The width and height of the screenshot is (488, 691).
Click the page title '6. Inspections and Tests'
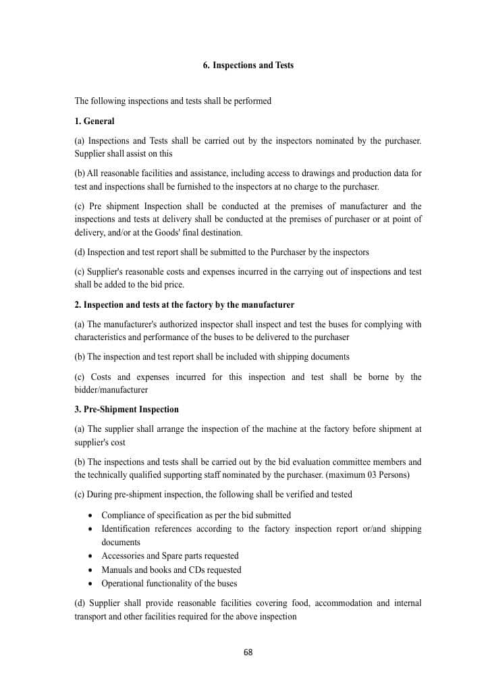[248, 65]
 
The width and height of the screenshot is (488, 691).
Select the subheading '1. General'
[94, 121]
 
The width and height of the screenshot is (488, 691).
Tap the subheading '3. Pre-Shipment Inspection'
[126, 410]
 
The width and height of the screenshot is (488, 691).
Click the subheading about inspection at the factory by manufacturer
[184, 305]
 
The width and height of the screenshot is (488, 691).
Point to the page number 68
[248, 652]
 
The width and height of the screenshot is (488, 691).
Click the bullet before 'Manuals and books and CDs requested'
[91, 570]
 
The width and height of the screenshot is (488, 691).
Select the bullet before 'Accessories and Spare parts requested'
[91, 556]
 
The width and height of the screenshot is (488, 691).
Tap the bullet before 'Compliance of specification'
[91, 516]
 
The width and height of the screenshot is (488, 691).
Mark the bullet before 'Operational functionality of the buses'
[91, 584]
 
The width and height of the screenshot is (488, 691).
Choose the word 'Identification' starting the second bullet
[126, 529]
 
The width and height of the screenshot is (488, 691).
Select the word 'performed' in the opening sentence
[252, 101]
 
